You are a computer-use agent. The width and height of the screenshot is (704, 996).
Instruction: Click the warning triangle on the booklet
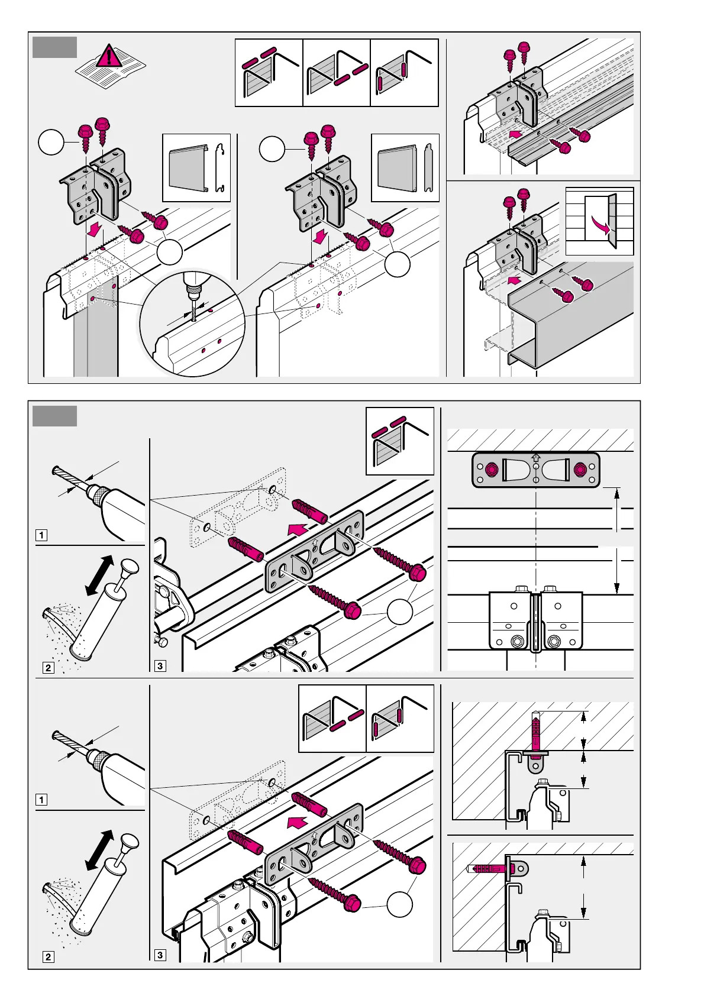click(x=109, y=57)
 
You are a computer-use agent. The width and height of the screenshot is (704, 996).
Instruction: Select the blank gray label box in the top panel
click(x=54, y=47)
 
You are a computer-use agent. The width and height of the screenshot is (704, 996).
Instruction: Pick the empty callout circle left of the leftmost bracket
click(x=51, y=143)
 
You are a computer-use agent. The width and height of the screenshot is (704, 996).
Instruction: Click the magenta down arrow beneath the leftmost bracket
click(x=93, y=231)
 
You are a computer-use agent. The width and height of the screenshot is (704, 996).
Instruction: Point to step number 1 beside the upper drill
click(x=41, y=535)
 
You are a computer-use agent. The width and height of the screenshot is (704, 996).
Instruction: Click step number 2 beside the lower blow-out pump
click(x=49, y=956)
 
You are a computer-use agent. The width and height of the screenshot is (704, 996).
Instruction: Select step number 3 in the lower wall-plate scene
click(x=160, y=955)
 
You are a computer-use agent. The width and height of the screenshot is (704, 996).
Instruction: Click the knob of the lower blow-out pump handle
click(x=130, y=841)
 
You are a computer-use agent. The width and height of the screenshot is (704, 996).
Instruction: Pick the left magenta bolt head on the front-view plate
click(x=491, y=470)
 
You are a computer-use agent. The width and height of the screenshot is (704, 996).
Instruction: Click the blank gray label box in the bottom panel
click(x=54, y=416)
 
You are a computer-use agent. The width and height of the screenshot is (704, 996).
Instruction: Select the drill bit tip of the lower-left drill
click(x=56, y=736)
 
